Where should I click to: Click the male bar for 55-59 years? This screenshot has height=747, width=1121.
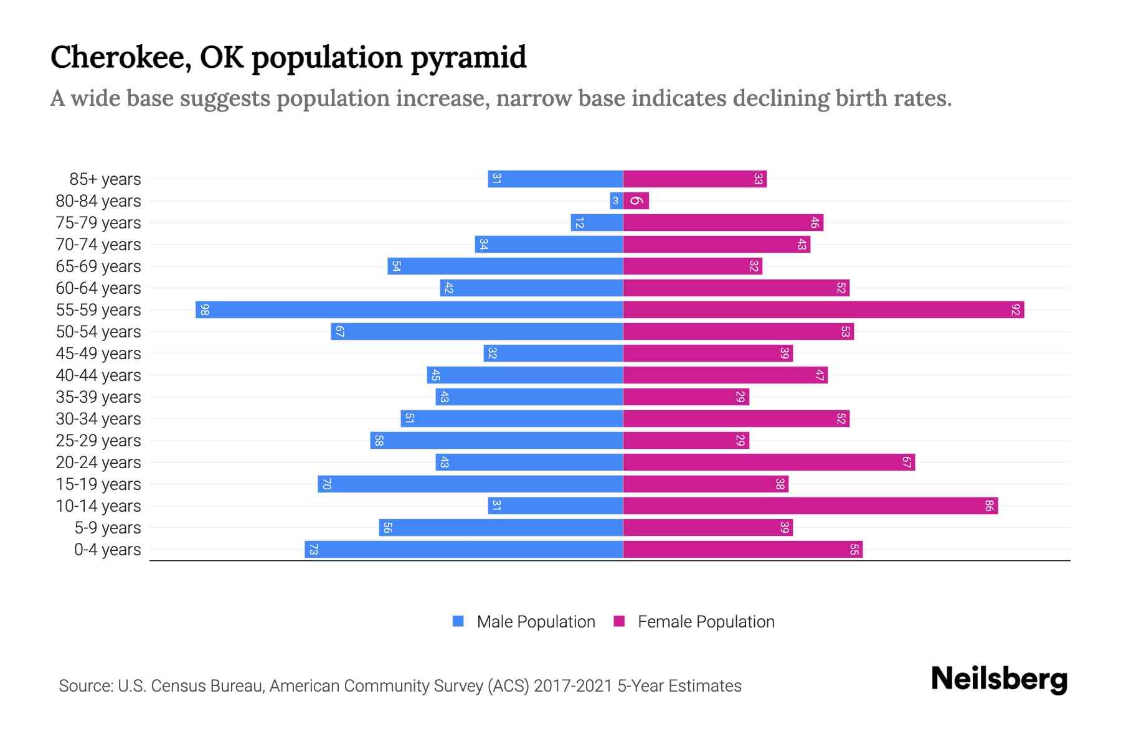[x=409, y=309]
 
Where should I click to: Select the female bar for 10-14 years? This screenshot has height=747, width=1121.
[x=810, y=505]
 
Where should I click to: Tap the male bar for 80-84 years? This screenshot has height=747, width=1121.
[x=616, y=200]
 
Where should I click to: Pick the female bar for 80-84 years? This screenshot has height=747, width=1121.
[x=636, y=200]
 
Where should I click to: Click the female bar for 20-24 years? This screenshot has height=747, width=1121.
[x=769, y=462]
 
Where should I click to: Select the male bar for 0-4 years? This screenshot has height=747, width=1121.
[x=464, y=549]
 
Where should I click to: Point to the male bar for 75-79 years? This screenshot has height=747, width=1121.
[x=597, y=222]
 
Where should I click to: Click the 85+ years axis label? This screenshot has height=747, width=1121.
[x=105, y=179]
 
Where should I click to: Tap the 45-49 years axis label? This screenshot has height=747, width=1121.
[x=98, y=354]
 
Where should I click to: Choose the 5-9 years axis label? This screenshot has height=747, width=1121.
[x=107, y=528]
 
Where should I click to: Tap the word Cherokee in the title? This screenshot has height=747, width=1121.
[x=120, y=58]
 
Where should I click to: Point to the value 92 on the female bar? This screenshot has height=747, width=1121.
[x=1016, y=309]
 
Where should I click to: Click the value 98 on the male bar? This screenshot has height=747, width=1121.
[x=204, y=309]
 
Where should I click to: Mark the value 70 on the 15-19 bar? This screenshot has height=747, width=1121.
[x=326, y=484]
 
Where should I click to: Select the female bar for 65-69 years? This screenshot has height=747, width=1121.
[x=693, y=266]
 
